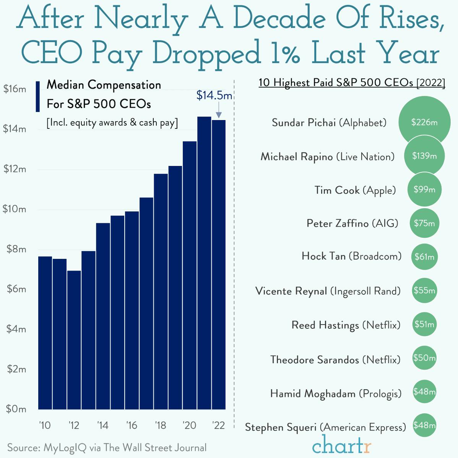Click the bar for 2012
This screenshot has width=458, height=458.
click(x=74, y=340)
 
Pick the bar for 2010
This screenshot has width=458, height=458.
click(x=45, y=333)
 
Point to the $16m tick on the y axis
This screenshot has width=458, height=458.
click(x=15, y=89)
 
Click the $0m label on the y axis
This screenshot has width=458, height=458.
click(x=16, y=409)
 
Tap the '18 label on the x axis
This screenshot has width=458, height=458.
click(x=161, y=426)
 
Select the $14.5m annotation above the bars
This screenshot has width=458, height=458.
click(x=214, y=95)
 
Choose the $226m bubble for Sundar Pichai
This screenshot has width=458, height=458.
click(x=424, y=122)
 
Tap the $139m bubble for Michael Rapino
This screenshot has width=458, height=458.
click(x=424, y=156)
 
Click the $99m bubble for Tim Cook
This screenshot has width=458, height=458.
click(x=424, y=190)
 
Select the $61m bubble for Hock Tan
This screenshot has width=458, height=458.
click(x=424, y=257)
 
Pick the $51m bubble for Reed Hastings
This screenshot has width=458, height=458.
click(x=424, y=325)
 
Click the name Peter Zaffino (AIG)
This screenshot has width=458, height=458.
click(x=352, y=223)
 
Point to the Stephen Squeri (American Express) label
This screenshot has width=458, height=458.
click(x=325, y=427)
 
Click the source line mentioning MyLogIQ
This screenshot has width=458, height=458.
click(x=107, y=448)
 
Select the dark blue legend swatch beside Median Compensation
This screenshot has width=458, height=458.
click(x=37, y=96)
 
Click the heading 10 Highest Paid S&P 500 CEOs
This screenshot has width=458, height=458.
click(x=352, y=83)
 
